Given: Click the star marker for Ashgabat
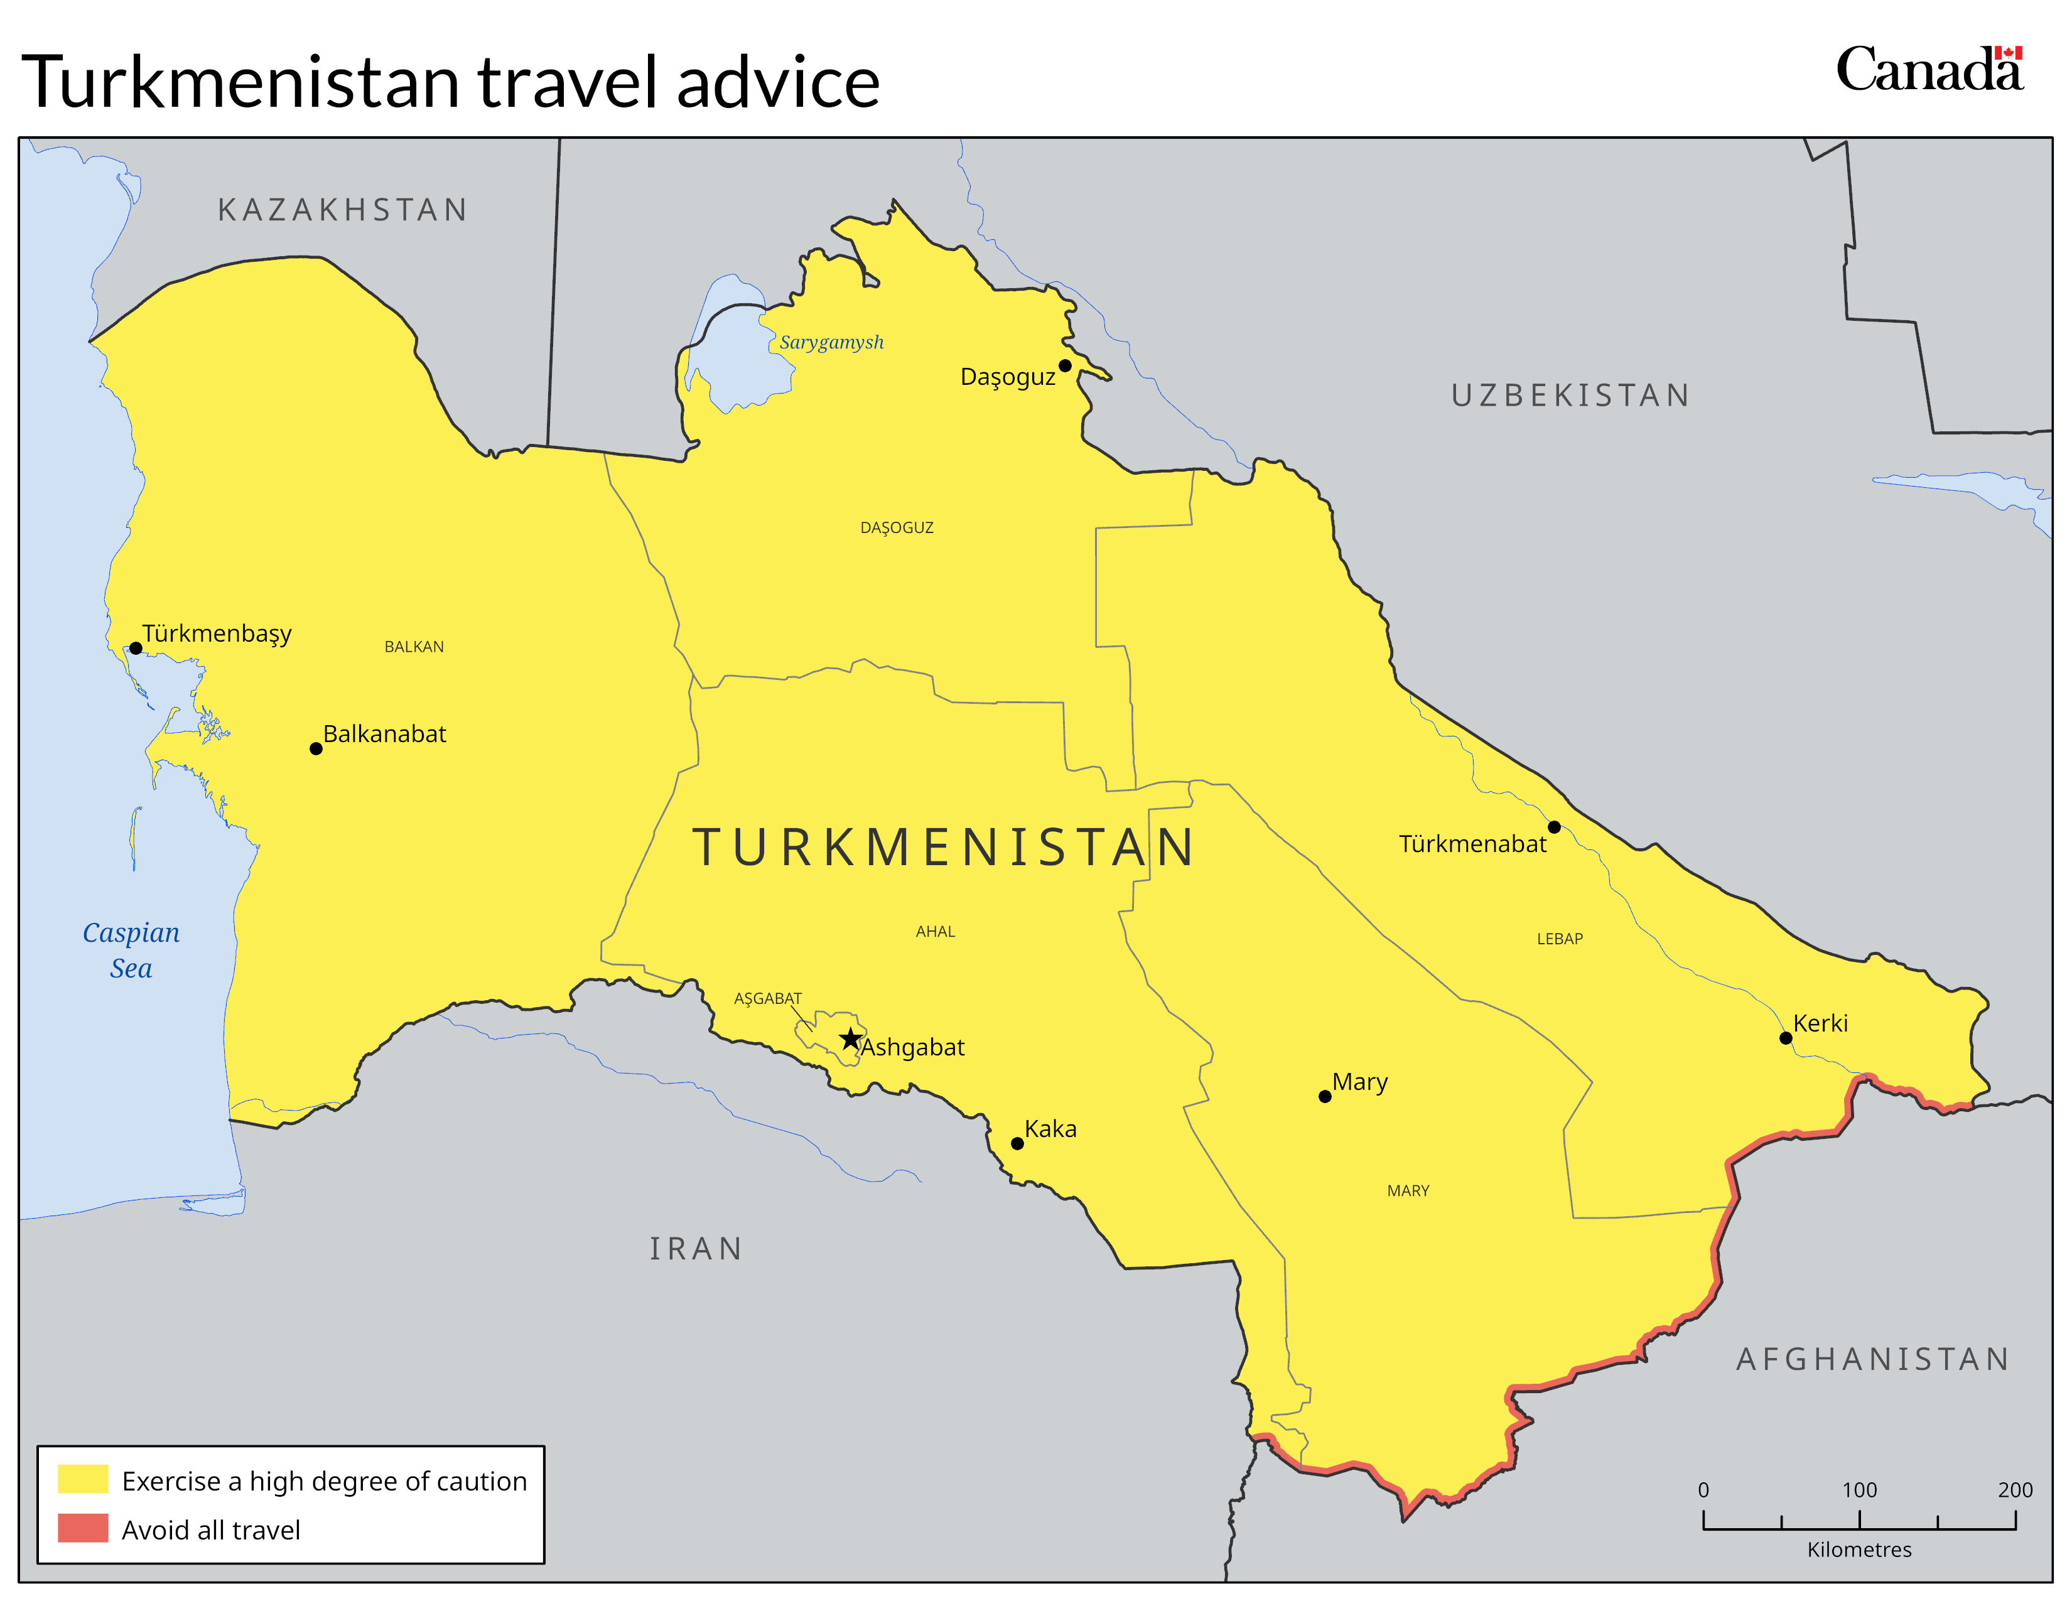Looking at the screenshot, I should click(851, 1038).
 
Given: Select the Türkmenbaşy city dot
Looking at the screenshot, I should click(136, 649).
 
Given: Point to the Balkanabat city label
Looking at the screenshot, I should click(384, 734).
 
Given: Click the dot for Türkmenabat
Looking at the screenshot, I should click(1554, 827).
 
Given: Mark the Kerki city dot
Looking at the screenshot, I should click(1786, 1038).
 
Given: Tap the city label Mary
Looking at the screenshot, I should click(1359, 1082).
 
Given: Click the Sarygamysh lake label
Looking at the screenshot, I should click(831, 342).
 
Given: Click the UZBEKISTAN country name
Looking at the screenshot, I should click(1571, 396).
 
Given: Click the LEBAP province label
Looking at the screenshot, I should click(1560, 939).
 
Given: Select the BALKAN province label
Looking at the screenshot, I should click(414, 647).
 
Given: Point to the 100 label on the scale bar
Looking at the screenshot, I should click(1860, 1490).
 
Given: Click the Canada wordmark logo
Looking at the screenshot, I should click(1929, 70).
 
